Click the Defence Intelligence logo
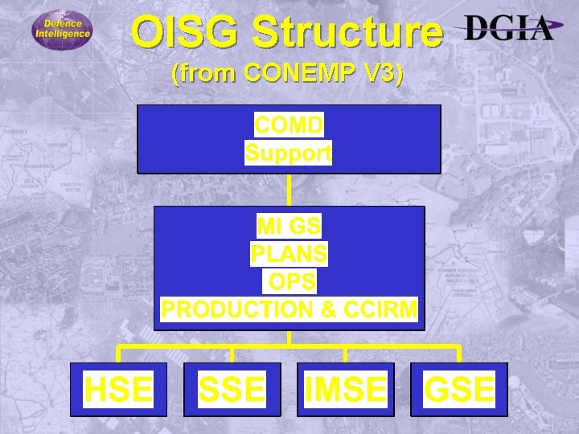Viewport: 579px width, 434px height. click(62, 31)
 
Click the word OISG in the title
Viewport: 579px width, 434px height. click(186, 33)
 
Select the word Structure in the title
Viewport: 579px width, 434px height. click(347, 33)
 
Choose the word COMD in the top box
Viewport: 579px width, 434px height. click(289, 125)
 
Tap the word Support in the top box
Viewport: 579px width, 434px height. click(289, 152)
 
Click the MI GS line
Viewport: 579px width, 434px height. click(289, 226)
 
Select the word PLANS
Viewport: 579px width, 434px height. click(289, 254)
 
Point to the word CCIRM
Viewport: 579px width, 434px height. click(381, 309)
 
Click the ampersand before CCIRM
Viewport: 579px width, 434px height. click(330, 309)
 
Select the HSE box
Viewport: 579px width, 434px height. click(118, 390)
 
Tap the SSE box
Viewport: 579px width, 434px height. click(232, 390)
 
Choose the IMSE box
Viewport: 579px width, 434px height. click(345, 390)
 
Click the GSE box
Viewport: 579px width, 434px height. click(459, 390)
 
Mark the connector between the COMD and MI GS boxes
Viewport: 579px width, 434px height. click(289, 190)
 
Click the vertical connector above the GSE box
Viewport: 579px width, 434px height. click(459, 354)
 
